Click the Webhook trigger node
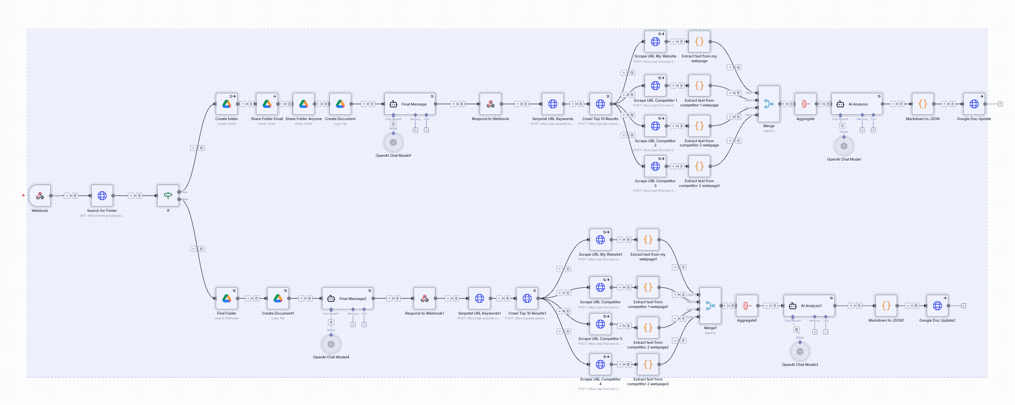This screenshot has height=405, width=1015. coord(40,195)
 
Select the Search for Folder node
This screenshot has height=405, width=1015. coord(102,195)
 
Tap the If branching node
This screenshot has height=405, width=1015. coord(168,195)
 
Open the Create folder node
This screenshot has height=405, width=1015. coord(227,104)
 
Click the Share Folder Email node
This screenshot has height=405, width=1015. coord(267,104)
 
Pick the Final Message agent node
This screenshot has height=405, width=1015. coord(410,104)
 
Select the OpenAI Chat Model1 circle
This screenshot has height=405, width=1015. coord(393,142)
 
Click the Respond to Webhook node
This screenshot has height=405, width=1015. coord(491,104)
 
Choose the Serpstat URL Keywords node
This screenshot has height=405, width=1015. coord(553,104)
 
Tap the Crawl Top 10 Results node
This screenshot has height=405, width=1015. coord(600,104)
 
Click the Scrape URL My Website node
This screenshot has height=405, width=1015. coord(655,41)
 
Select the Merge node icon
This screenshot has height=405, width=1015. coord(769,104)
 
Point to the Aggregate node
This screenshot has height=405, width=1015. coord(805,104)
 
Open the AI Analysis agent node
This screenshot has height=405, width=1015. coord(856,104)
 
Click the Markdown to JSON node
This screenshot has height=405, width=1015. coord(923,104)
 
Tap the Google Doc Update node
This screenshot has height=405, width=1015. coord(974,104)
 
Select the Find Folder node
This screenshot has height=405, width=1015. coord(227,299)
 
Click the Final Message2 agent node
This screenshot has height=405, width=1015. coord(348,299)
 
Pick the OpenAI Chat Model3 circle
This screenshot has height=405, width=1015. coord(800,351)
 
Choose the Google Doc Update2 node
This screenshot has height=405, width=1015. coord(937,306)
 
